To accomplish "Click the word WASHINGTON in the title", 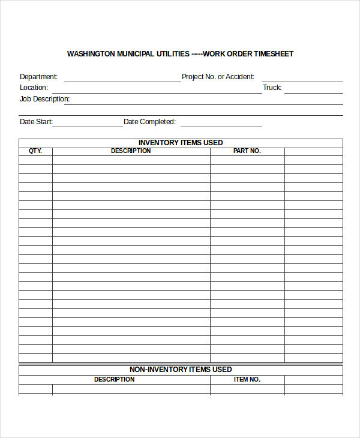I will point(90,54).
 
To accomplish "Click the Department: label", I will point(39,77).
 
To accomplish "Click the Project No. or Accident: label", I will point(218,77).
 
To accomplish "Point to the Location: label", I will point(34,88).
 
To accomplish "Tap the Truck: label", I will point(272,88).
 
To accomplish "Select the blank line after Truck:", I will point(313,91).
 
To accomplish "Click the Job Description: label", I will point(45,99).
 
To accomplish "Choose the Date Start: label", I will point(37,122).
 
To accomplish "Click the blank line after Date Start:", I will point(88,125).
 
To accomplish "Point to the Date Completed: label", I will point(150,122).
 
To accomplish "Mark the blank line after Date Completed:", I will point(221,125).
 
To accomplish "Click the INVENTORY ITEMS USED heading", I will point(181,143).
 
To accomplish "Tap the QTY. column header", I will point(35,151).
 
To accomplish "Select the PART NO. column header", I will point(247,151).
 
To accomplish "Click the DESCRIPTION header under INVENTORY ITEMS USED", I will point(131,151).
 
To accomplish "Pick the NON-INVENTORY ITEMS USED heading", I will point(181,370).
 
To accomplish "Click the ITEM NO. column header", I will point(247,380).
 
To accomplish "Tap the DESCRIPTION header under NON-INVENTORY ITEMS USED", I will point(114,380).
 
